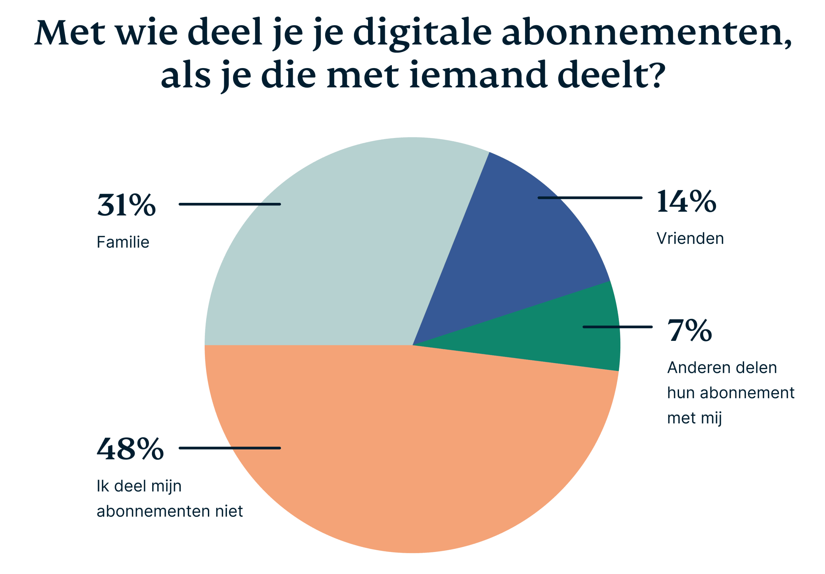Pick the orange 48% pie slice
point(413,450)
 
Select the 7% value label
point(689,331)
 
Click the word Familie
point(123,242)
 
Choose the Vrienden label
point(690,238)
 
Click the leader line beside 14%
point(590,198)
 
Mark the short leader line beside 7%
point(617,327)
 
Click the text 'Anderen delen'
point(722,368)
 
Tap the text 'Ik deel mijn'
point(139,486)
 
